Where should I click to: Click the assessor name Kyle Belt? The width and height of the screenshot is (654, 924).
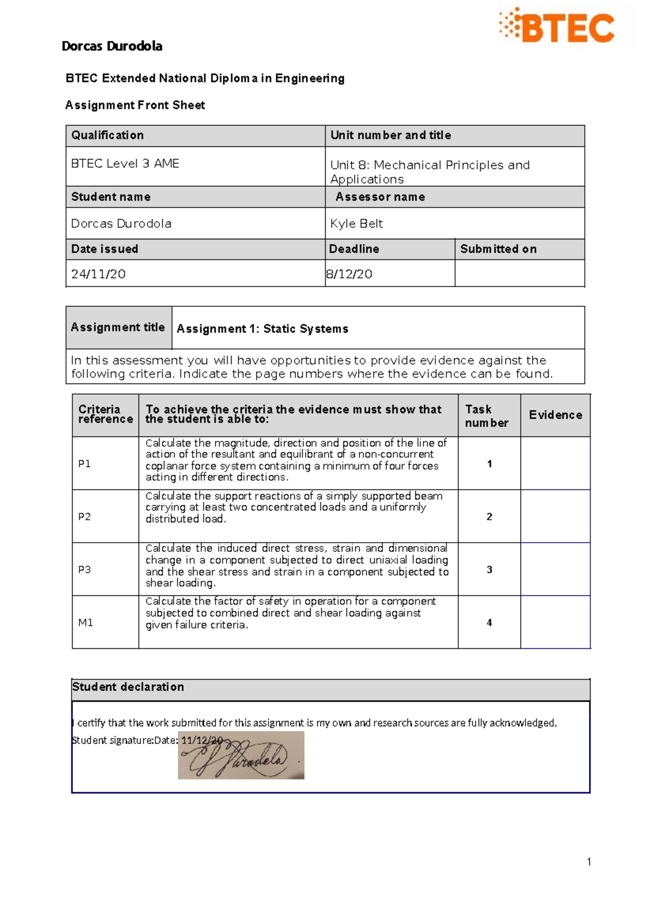[356, 223]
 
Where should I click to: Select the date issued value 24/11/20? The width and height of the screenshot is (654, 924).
[99, 274]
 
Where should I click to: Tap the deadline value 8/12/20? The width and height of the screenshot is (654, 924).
[349, 274]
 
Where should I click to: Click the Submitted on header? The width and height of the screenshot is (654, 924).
[498, 249]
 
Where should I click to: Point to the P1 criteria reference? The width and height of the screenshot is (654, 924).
[84, 464]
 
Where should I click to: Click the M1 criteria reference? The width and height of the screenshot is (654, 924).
[86, 622]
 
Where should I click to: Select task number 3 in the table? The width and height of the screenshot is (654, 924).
[489, 569]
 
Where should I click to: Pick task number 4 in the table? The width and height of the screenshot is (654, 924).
[489, 622]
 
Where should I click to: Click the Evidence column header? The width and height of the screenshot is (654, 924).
[555, 415]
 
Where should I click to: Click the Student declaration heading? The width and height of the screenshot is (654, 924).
[128, 687]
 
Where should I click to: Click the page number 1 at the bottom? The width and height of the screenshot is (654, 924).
[589, 861]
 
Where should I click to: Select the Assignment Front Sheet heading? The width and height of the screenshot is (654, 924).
[135, 105]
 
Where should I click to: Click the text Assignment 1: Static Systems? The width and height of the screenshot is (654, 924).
[263, 329]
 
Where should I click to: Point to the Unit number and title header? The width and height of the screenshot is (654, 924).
[391, 135]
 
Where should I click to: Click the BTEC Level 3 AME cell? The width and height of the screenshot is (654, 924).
[125, 163]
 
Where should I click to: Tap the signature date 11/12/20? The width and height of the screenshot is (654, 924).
[202, 740]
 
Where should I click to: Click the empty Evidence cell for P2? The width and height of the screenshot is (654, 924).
[555, 516]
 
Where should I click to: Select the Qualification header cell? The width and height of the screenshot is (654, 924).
[107, 135]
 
